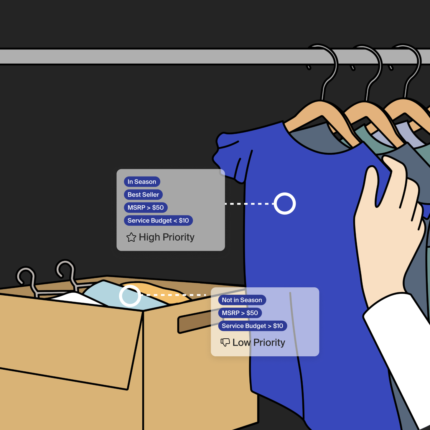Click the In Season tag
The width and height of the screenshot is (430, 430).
pos(142,182)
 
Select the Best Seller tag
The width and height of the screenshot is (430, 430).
pos(143,195)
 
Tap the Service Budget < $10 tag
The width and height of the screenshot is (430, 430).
pos(158,221)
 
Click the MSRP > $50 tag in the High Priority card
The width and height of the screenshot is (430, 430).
pos(146,208)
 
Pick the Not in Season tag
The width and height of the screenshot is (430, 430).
pos(242,300)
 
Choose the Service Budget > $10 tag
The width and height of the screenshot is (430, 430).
pos(252,326)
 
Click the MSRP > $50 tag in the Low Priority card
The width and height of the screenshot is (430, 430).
pos(240,313)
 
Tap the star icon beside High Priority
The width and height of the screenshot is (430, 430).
pos(131,237)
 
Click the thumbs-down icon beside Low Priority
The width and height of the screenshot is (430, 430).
pos(225,342)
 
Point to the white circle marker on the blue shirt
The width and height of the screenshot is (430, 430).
pos(285,204)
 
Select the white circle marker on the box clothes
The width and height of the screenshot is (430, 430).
pos(130,296)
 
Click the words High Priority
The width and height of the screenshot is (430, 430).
pos(167,237)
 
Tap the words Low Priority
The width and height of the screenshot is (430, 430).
pos(259,342)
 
